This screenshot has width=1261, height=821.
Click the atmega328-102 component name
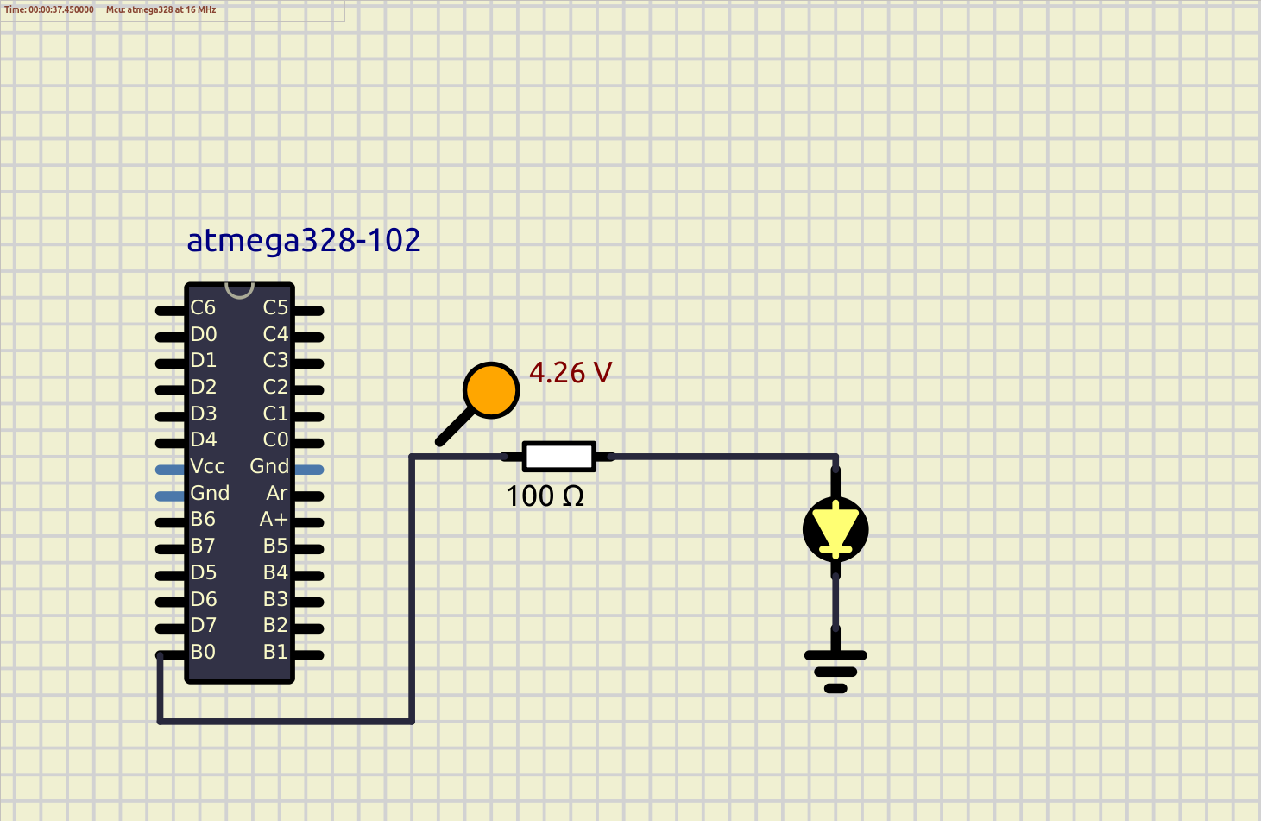(x=303, y=240)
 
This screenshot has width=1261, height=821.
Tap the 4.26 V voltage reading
(x=570, y=373)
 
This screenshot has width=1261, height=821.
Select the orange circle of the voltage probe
(x=491, y=390)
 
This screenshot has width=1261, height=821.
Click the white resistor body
(x=559, y=457)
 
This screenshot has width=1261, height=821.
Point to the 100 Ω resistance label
(x=545, y=496)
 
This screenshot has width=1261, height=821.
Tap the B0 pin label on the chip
(x=203, y=652)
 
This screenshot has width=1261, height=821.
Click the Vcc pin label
(x=207, y=466)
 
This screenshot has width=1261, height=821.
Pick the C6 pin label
(x=203, y=307)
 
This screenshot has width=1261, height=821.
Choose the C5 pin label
(x=275, y=307)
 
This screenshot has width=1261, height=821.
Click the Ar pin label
(x=277, y=493)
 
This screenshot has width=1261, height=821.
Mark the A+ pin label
(x=274, y=519)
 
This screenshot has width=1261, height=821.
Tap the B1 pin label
(x=275, y=652)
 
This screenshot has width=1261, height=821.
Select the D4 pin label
(x=204, y=439)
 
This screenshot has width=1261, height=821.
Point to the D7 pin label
(x=204, y=625)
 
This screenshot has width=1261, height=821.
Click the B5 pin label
(x=275, y=546)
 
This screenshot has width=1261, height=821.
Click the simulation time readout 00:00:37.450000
(x=49, y=9)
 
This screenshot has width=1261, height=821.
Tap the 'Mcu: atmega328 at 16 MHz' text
(x=161, y=9)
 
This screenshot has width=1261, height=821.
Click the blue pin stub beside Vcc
(x=170, y=470)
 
